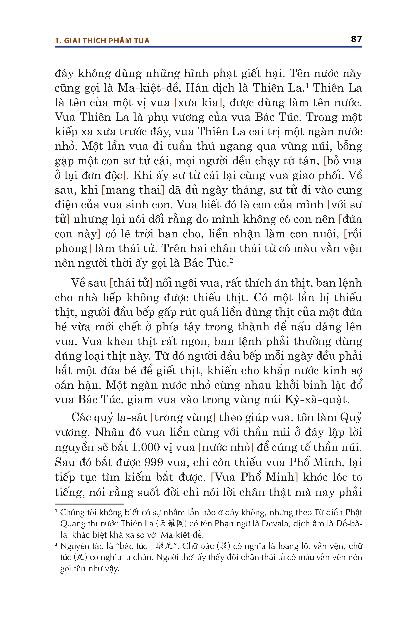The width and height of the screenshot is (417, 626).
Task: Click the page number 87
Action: (x=356, y=39)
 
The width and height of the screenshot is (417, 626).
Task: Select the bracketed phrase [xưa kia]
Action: (x=198, y=102)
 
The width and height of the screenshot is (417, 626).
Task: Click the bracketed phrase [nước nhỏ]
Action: (x=226, y=447)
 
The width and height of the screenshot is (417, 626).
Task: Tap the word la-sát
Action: (x=132, y=417)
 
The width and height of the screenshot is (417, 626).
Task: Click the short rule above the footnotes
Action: (x=89, y=504)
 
